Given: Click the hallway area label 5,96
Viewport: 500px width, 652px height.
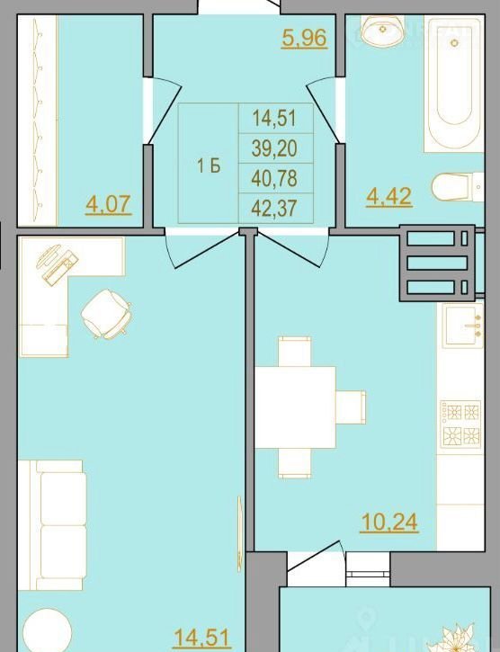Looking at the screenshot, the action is point(304,39).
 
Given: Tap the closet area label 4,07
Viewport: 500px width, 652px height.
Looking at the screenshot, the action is point(109,204).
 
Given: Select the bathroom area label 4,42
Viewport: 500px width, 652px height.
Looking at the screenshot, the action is point(388,196).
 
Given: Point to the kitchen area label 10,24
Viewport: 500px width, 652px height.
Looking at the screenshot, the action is point(388,522).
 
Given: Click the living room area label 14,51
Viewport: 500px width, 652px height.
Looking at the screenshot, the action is point(202,639).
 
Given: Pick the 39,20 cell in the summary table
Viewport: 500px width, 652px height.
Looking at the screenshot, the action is point(275,148).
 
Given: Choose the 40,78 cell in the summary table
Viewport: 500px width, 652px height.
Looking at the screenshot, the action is point(275,178).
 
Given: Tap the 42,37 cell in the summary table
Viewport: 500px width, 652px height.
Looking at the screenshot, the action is point(275,208).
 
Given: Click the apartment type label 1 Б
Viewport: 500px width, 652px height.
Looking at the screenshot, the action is point(209,166).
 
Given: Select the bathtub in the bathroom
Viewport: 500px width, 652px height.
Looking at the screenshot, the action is point(454,83).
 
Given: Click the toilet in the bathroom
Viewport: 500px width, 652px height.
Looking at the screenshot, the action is point(458,188).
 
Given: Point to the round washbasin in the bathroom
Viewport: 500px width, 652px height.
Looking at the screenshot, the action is point(383,30).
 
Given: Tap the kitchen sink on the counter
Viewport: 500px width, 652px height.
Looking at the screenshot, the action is point(462,326).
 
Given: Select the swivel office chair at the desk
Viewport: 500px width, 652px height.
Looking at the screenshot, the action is point(106,314).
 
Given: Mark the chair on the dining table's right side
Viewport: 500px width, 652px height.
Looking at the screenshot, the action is point(351,407).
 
